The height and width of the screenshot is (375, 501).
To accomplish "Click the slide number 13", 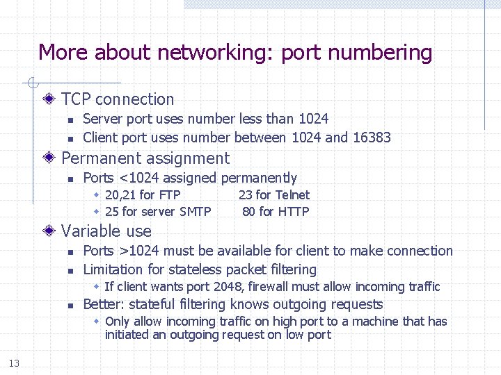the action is tap(15, 363).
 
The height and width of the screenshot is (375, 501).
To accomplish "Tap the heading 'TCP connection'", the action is tap(118, 99).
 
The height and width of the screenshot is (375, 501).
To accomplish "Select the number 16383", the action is tap(372, 137).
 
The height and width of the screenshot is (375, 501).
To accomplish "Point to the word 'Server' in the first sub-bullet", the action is tap(104, 119).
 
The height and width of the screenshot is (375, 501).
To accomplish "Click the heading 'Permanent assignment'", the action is tap(145, 158).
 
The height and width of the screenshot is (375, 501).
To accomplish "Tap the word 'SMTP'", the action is tap(195, 212).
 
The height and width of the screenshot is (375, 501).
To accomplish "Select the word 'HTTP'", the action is tap(293, 212).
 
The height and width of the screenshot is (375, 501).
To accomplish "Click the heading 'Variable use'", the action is tap(106, 231).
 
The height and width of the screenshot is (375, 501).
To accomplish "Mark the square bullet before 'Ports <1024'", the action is tap(70, 179).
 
